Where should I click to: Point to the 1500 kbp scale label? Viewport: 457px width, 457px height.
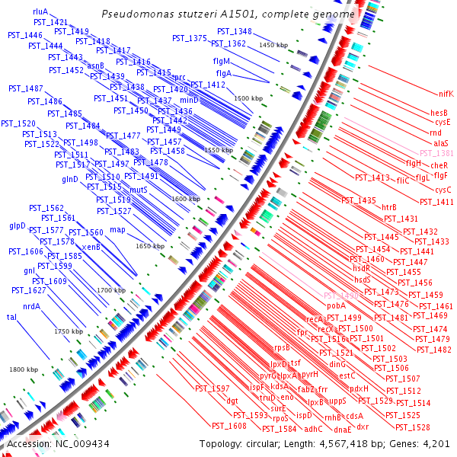[x=248, y=98]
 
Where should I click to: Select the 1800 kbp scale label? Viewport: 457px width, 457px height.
[x=23, y=369]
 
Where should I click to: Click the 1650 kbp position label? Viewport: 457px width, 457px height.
[x=150, y=246]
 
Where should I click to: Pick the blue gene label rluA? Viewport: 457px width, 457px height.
[x=40, y=12]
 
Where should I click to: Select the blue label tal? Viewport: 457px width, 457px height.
[x=11, y=316]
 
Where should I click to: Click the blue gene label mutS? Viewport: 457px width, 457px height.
[x=117, y=190]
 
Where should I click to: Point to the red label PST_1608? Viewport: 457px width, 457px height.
[x=228, y=426]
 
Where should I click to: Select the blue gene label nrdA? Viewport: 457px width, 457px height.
[x=32, y=307]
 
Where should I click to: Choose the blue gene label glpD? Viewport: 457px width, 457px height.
[x=18, y=225]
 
